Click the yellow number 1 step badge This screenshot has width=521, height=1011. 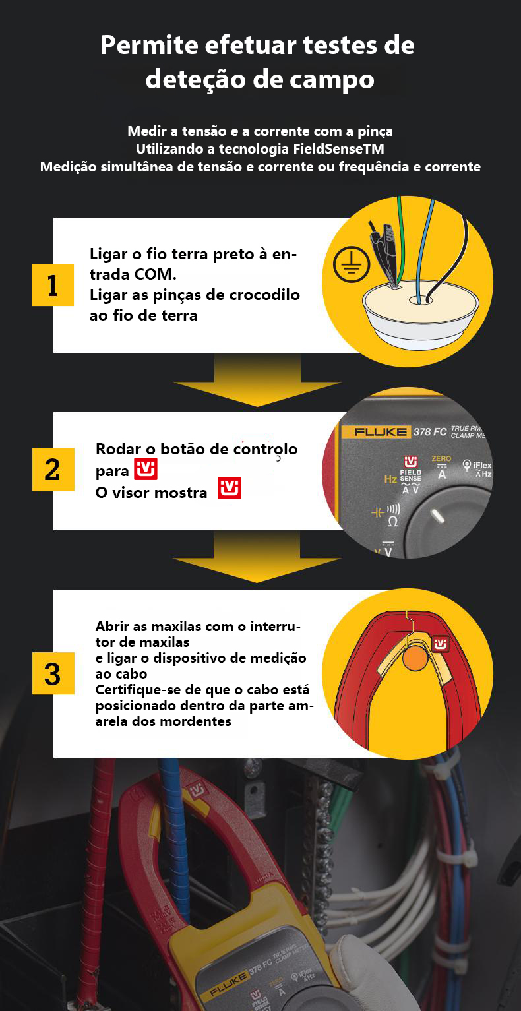[52, 285]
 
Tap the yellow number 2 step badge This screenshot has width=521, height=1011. [53, 470]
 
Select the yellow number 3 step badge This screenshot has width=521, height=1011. [53, 673]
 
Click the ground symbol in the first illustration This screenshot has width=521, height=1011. [352, 264]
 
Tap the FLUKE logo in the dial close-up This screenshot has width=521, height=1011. [380, 432]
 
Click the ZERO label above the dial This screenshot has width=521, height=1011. [441, 458]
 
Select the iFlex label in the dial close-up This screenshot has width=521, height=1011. [482, 465]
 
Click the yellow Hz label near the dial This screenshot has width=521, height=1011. [390, 479]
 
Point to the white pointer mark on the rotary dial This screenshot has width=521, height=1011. [437, 516]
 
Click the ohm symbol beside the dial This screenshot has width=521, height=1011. [393, 522]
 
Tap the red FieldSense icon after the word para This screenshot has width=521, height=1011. [146, 469]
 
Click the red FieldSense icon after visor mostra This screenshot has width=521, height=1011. [230, 488]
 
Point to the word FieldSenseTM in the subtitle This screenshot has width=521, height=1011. [338, 148]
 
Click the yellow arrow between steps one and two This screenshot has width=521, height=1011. [257, 380]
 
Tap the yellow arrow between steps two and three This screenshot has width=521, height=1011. [257, 557]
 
